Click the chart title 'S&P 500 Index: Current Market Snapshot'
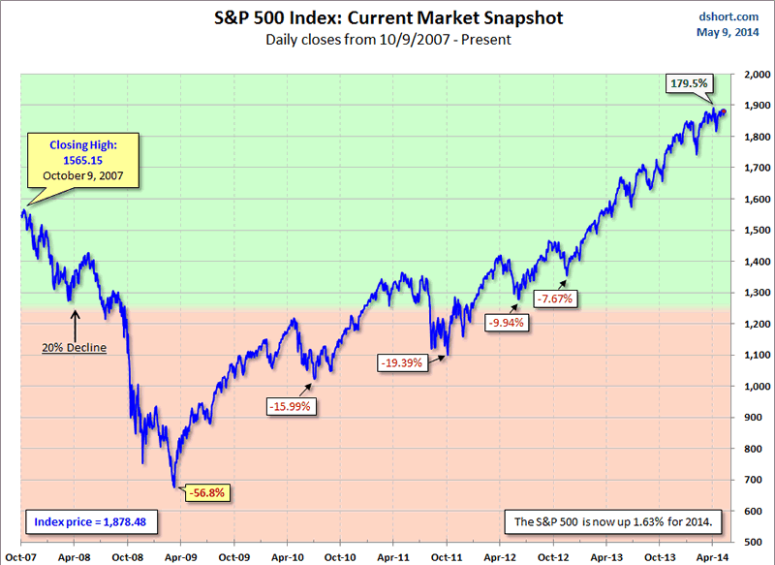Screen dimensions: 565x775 click(x=387, y=18)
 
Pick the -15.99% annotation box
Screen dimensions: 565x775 click(x=289, y=406)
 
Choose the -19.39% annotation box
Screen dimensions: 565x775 click(x=401, y=361)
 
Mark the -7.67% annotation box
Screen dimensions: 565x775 click(x=557, y=298)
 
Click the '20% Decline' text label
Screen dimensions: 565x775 click(x=74, y=346)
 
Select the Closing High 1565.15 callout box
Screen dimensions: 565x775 click(x=82, y=161)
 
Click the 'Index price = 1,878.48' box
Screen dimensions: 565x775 click(x=86, y=521)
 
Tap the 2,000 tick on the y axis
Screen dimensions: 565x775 click(x=751, y=75)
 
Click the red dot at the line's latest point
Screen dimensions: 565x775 click(x=722, y=112)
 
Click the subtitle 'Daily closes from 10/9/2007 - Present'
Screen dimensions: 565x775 click(x=387, y=40)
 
